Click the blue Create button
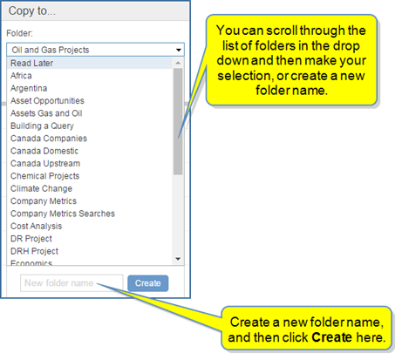[x=147, y=283]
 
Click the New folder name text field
[x=72, y=283]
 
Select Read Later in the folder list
[x=31, y=63]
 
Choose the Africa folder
[x=21, y=76]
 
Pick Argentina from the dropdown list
[x=29, y=88]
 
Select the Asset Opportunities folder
[x=47, y=100]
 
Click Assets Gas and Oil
[x=46, y=113]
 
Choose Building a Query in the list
[x=42, y=126]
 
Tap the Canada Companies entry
[x=49, y=139]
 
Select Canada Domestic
[x=44, y=151]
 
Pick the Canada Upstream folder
[x=45, y=163]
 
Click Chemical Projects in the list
[x=45, y=176]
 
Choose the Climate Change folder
[x=41, y=188]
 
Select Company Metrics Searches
[x=63, y=214]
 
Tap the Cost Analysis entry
[x=37, y=226]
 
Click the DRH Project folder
[x=34, y=251]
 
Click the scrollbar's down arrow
[x=178, y=259]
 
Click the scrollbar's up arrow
[x=178, y=63]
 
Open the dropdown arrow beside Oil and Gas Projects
[x=179, y=50]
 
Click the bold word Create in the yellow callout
[x=332, y=337]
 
